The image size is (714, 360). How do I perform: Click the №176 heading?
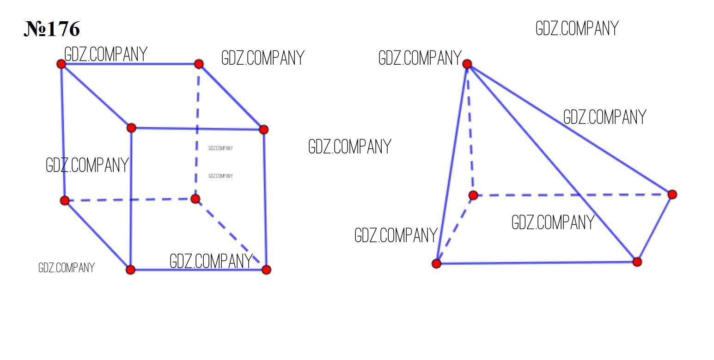tap(52, 29)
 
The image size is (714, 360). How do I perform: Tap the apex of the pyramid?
tap(467, 64)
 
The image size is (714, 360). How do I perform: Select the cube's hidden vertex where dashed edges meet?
tap(195, 199)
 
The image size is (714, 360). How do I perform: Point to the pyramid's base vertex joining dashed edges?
tap(473, 195)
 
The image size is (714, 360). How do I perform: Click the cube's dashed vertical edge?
tap(197, 131)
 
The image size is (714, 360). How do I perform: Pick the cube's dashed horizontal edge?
tap(130, 200)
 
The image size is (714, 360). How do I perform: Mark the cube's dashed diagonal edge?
tap(231, 234)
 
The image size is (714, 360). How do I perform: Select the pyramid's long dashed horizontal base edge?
tap(573, 195)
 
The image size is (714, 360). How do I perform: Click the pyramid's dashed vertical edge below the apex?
tap(470, 129)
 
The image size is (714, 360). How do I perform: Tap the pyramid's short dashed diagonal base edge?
tap(455, 229)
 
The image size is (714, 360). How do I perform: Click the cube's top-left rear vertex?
tap(61, 64)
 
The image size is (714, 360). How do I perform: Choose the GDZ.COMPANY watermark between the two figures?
tap(350, 146)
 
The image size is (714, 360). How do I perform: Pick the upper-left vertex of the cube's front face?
tap(131, 128)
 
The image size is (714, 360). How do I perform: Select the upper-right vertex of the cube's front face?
tap(263, 129)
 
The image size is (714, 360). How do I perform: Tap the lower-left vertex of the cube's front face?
tap(130, 270)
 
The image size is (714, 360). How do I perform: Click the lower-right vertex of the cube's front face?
tap(266, 270)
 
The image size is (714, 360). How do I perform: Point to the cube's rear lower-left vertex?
tap(65, 201)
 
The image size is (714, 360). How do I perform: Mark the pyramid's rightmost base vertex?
tap(672, 195)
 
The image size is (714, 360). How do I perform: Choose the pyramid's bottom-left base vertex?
tap(436, 263)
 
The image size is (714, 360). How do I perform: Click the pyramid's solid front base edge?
tap(537, 263)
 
